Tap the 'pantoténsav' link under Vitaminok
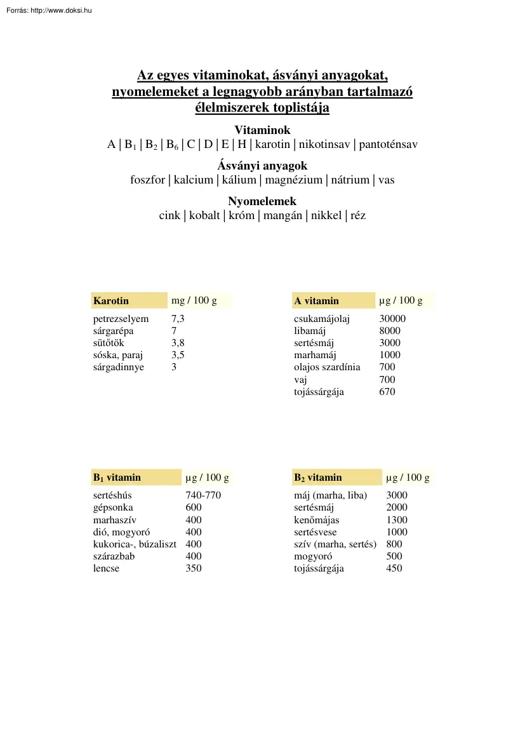click(389, 144)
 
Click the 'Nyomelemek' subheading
click(262, 201)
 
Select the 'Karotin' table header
click(111, 300)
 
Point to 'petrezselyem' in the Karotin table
click(121, 319)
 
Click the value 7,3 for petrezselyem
click(178, 319)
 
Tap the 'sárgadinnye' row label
click(119, 367)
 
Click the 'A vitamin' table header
click(316, 300)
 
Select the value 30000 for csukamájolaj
click(392, 319)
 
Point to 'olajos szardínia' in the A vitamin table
click(327, 367)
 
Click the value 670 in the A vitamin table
click(387, 392)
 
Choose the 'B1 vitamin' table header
click(117, 477)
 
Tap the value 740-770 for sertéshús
click(203, 495)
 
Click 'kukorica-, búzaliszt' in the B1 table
click(135, 544)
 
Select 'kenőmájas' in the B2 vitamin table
click(316, 520)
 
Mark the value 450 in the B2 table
click(394, 568)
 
